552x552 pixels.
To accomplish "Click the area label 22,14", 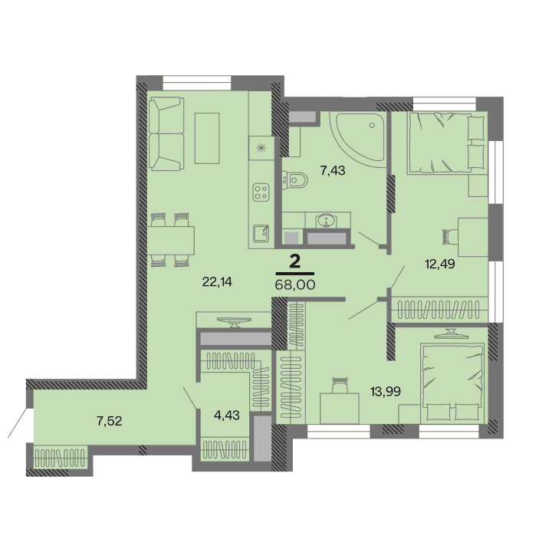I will click(x=216, y=281).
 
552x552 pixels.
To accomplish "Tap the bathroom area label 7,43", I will click(x=333, y=170).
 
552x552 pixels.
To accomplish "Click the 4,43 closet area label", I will click(x=228, y=415).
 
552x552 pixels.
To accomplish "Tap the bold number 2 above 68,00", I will click(x=294, y=261).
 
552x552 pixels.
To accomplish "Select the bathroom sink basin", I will click(x=329, y=221).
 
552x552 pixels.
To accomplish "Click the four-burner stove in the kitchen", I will click(x=261, y=192).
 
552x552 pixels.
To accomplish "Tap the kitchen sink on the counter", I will click(x=261, y=231).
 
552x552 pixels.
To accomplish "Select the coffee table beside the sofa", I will click(x=207, y=137).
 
